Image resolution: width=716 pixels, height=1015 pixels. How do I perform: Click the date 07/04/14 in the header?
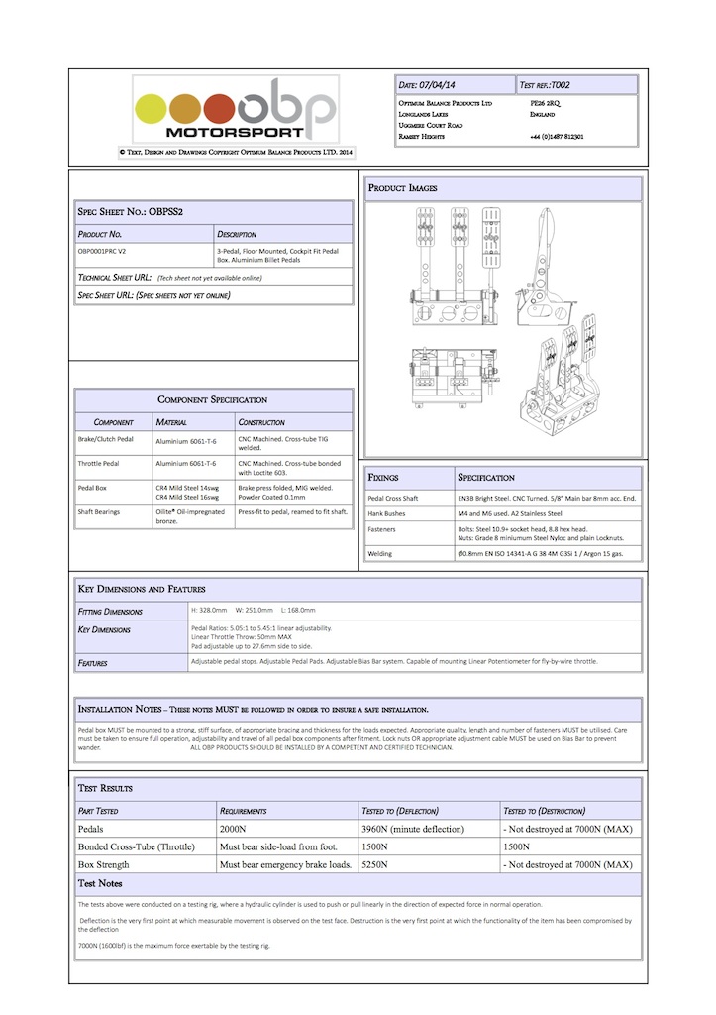[440, 85]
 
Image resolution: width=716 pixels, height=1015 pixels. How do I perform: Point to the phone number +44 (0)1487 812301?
[556, 137]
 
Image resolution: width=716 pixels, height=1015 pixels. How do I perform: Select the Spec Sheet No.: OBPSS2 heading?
[131, 212]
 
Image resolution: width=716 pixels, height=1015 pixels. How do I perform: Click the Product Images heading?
[403, 188]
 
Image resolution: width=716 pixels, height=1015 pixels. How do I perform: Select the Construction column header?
[261, 422]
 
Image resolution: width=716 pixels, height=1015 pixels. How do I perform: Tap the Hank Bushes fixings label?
[389, 513]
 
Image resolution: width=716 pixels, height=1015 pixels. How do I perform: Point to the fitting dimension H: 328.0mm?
[210, 611]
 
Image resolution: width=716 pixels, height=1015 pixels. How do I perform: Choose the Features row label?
[93, 662]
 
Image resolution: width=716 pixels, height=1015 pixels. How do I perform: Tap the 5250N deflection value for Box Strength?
[377, 864]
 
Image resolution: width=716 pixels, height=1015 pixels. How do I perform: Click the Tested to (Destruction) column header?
[544, 810]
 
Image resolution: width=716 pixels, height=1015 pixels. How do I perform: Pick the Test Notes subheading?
[100, 883]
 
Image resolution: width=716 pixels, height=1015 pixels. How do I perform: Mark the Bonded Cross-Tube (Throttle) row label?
[136, 846]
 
